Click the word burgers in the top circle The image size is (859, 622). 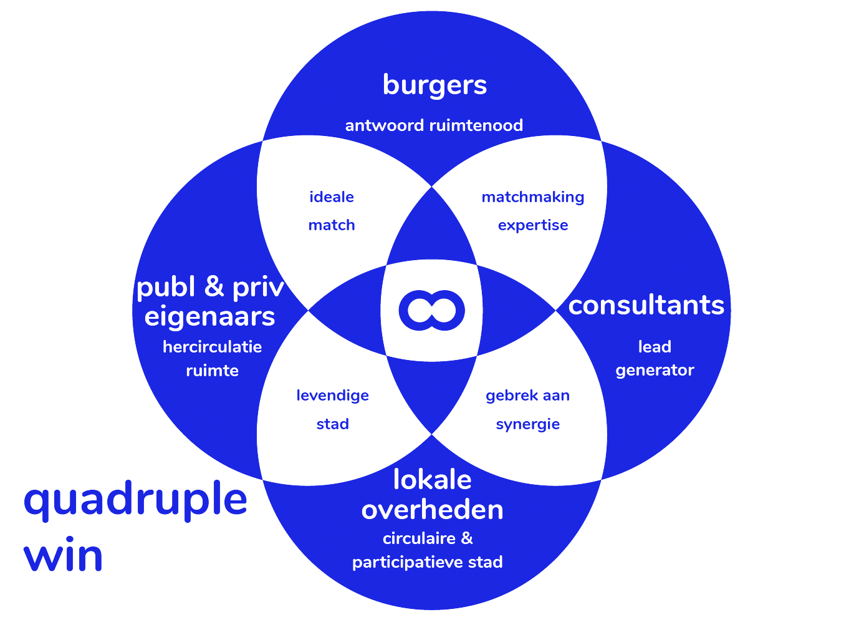click(434, 85)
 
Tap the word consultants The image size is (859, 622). click(646, 305)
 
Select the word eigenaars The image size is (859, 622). click(209, 316)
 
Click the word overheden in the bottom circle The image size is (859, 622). click(432, 510)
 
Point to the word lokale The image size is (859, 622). click(432, 480)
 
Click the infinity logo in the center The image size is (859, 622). click(431, 310)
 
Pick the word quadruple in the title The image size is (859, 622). click(135, 501)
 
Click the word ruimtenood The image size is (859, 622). click(476, 125)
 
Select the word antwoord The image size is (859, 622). click(385, 125)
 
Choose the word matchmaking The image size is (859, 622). click(533, 197)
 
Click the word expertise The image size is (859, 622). click(533, 225)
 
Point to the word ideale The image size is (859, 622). click(332, 197)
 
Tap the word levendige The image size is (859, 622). click(332, 396)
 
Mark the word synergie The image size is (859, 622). click(527, 425)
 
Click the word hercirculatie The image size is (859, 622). click(212, 347)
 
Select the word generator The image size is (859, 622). click(655, 371)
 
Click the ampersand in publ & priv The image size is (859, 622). click(214, 286)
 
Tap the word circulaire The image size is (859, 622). click(418, 538)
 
